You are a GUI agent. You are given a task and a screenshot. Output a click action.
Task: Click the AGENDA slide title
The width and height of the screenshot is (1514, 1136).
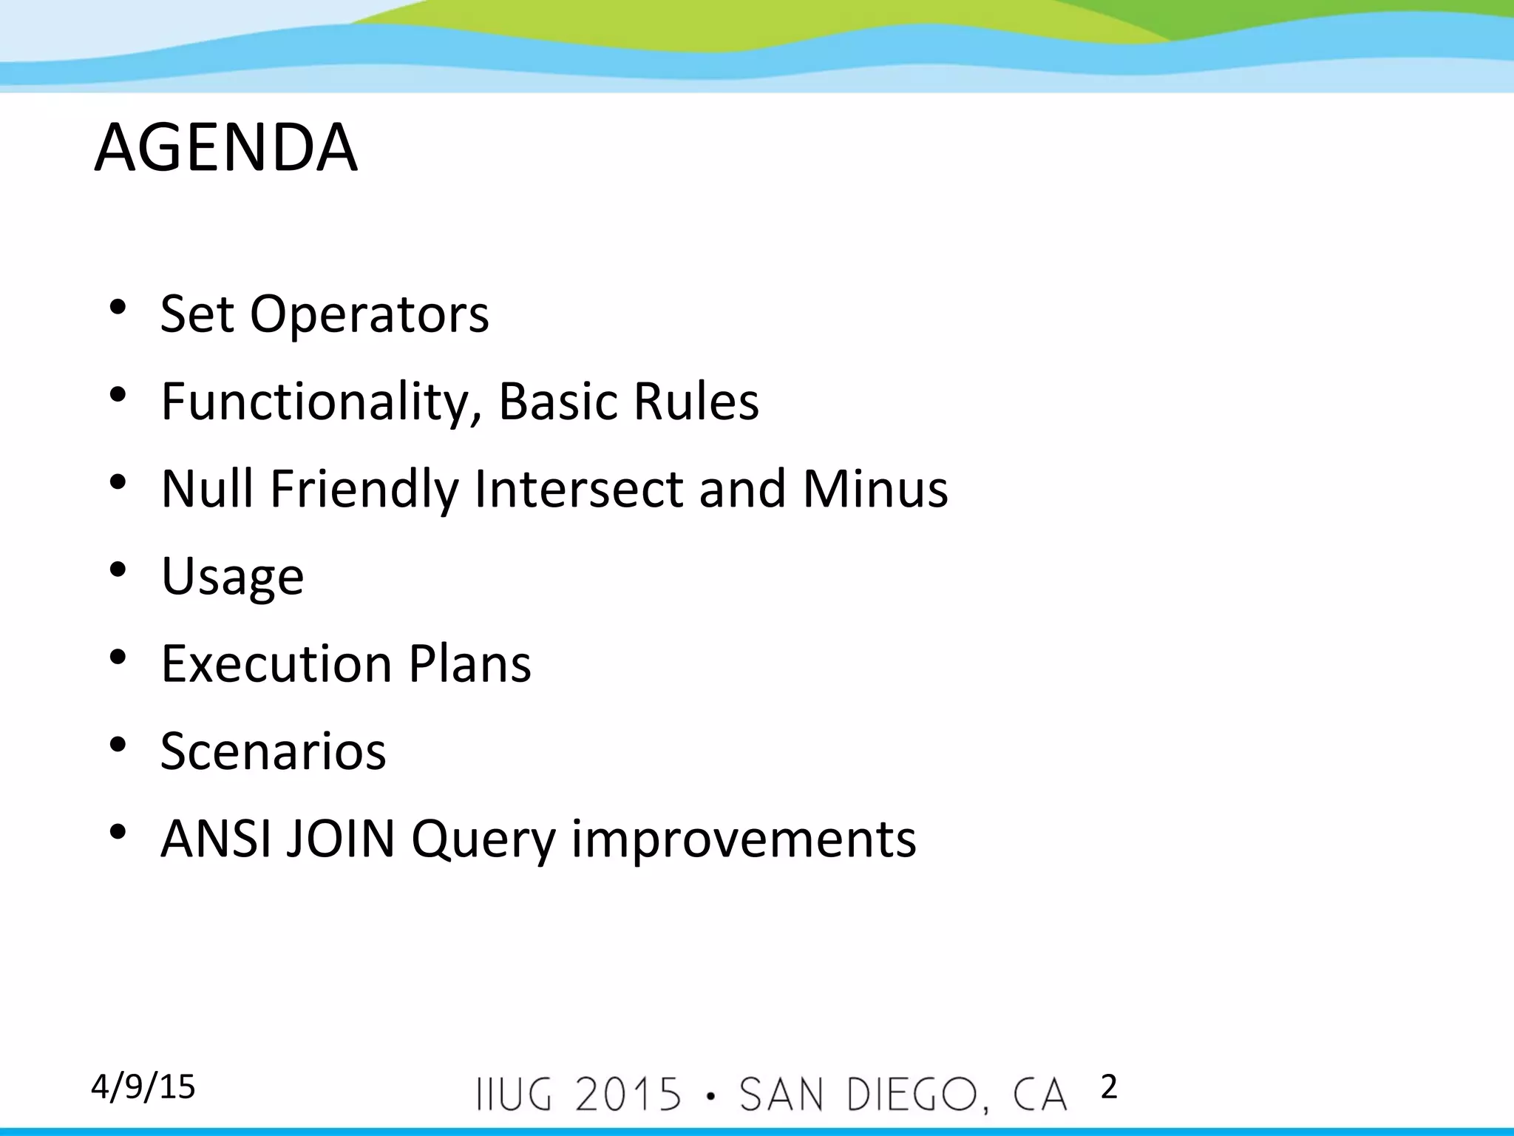226,148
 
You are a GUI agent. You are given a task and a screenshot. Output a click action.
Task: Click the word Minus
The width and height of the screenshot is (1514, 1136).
875,489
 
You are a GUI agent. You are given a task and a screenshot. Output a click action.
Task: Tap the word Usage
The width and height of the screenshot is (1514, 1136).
232,577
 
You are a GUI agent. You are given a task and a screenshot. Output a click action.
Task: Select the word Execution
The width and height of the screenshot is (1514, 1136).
276,663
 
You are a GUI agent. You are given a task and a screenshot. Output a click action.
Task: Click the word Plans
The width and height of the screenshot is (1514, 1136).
469,663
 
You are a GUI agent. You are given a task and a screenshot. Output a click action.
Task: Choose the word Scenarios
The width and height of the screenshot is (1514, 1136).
273,751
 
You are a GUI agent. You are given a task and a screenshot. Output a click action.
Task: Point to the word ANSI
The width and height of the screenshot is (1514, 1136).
215,839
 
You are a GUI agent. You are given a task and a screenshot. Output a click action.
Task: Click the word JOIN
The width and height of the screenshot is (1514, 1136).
341,839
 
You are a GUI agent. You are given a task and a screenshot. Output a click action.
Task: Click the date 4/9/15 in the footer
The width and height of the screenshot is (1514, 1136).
143,1087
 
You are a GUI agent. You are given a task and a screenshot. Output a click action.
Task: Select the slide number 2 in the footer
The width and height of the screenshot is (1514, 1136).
1108,1087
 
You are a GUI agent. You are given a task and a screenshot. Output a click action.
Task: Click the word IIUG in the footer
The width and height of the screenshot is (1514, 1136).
515,1095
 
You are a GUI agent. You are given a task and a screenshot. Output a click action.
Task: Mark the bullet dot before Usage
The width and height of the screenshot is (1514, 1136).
118,570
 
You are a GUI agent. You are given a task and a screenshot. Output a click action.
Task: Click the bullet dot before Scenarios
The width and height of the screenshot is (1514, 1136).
118,745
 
